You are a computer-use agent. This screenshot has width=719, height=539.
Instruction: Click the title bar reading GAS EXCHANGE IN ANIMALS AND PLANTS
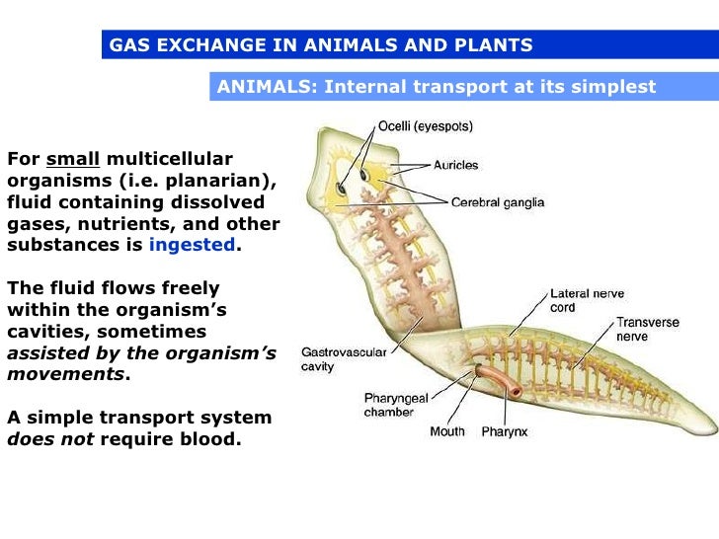321,45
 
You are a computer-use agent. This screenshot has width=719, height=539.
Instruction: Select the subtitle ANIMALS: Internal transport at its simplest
436,87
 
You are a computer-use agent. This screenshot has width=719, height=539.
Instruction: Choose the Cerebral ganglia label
497,203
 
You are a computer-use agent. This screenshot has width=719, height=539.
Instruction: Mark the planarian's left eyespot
339,187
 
